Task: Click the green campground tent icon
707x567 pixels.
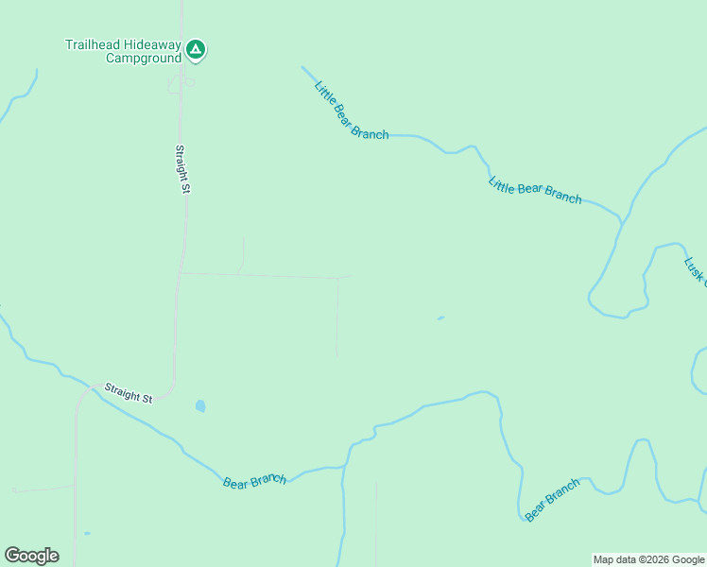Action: (196, 49)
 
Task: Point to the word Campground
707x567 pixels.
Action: (143, 58)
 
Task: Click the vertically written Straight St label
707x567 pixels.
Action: (183, 169)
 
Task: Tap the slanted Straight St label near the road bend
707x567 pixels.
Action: (129, 392)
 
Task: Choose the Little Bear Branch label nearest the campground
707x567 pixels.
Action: (351, 111)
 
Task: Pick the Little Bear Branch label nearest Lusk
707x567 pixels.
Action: (535, 190)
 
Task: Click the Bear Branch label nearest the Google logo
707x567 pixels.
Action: (254, 481)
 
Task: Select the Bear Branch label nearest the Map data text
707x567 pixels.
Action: (552, 500)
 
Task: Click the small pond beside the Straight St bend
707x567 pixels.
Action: (200, 406)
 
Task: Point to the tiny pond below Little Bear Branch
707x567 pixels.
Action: (440, 318)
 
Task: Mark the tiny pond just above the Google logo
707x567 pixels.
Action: (87, 534)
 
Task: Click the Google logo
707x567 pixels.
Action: (32, 556)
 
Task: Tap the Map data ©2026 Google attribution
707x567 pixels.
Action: (648, 559)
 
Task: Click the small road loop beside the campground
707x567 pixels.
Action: (180, 84)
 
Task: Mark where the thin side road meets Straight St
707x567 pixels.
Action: (181, 274)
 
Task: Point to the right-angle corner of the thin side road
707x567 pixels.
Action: (337, 278)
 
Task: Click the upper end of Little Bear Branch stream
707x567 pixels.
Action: (302, 67)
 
